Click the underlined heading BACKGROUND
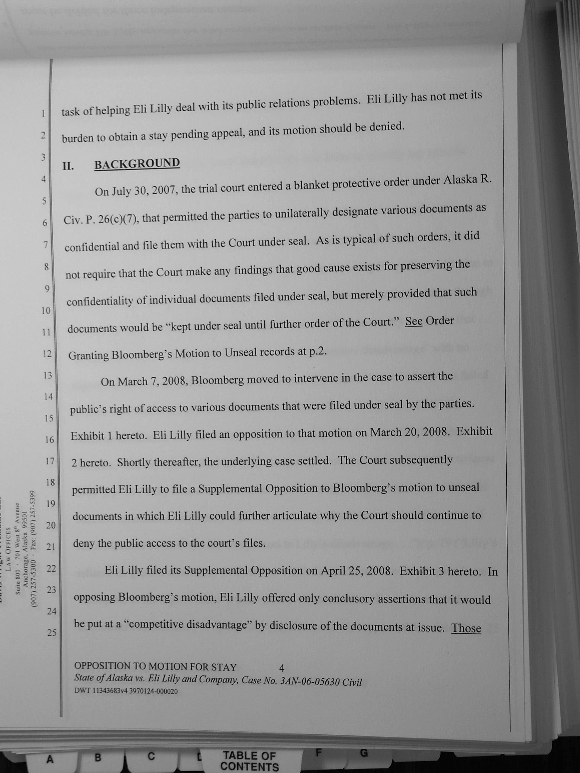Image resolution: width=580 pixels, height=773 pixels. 137,164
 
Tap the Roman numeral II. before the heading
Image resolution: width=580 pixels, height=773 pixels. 68,166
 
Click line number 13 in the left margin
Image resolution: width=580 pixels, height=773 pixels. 47,375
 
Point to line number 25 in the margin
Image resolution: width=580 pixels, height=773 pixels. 52,632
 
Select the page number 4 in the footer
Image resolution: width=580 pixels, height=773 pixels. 281,668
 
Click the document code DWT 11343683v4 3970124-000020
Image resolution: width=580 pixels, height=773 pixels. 126,691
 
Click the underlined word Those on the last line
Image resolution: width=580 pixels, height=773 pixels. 466,628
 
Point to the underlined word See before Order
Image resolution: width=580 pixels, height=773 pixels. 413,321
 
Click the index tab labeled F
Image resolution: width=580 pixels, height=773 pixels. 318,753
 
